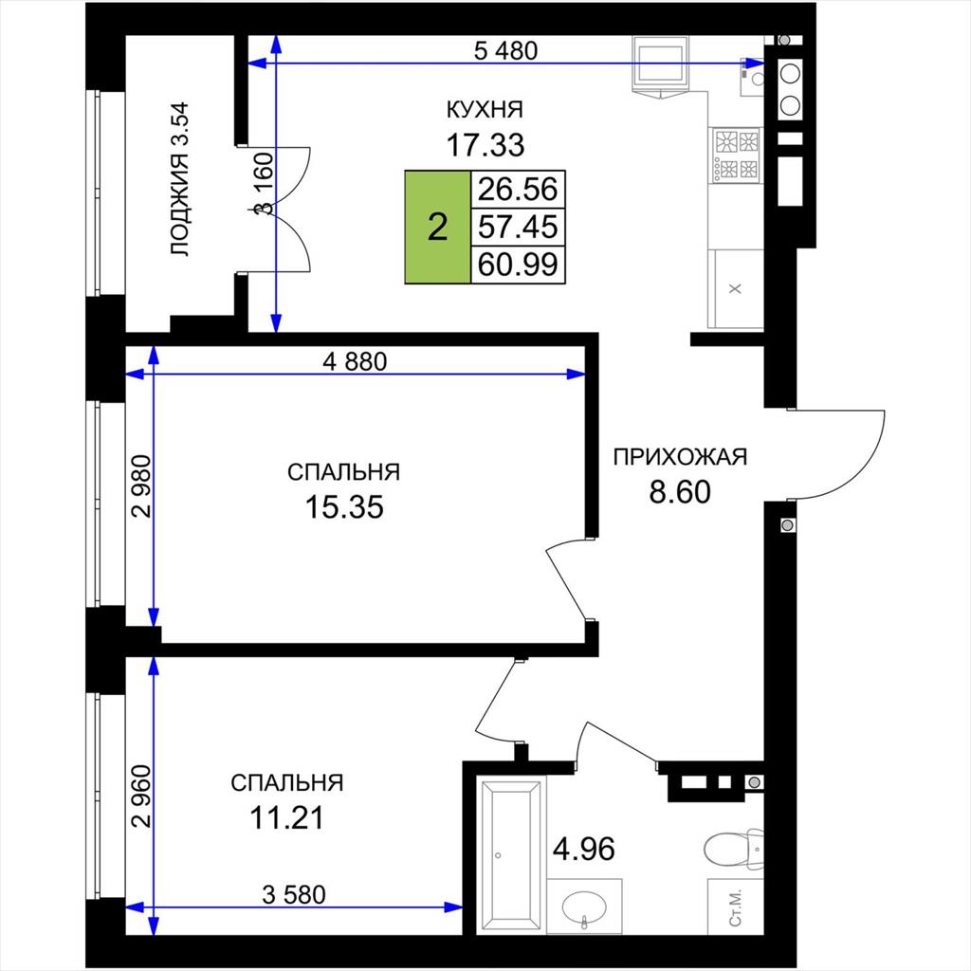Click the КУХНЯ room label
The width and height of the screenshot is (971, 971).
485,109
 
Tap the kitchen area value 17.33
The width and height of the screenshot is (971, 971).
485,145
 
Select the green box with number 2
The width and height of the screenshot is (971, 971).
438,227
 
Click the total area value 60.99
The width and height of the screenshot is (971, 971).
519,265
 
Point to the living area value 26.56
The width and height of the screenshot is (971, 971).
519,189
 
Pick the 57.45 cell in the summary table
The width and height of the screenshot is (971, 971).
519,227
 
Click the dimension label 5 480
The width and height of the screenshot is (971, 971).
505,51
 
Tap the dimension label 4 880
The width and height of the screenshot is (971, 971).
355,361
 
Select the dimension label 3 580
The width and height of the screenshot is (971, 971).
294,894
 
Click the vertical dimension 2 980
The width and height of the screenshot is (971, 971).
142,486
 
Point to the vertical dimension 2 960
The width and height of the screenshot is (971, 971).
142,797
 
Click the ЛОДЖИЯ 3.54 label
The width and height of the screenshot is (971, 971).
179,179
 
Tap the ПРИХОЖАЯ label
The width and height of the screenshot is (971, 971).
680,457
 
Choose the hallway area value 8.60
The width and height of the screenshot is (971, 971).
680,492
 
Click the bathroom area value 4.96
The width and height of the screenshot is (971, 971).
584,849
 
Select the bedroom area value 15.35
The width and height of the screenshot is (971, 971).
344,507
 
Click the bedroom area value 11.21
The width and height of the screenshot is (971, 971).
286,817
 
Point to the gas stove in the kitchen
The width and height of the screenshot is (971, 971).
736,155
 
